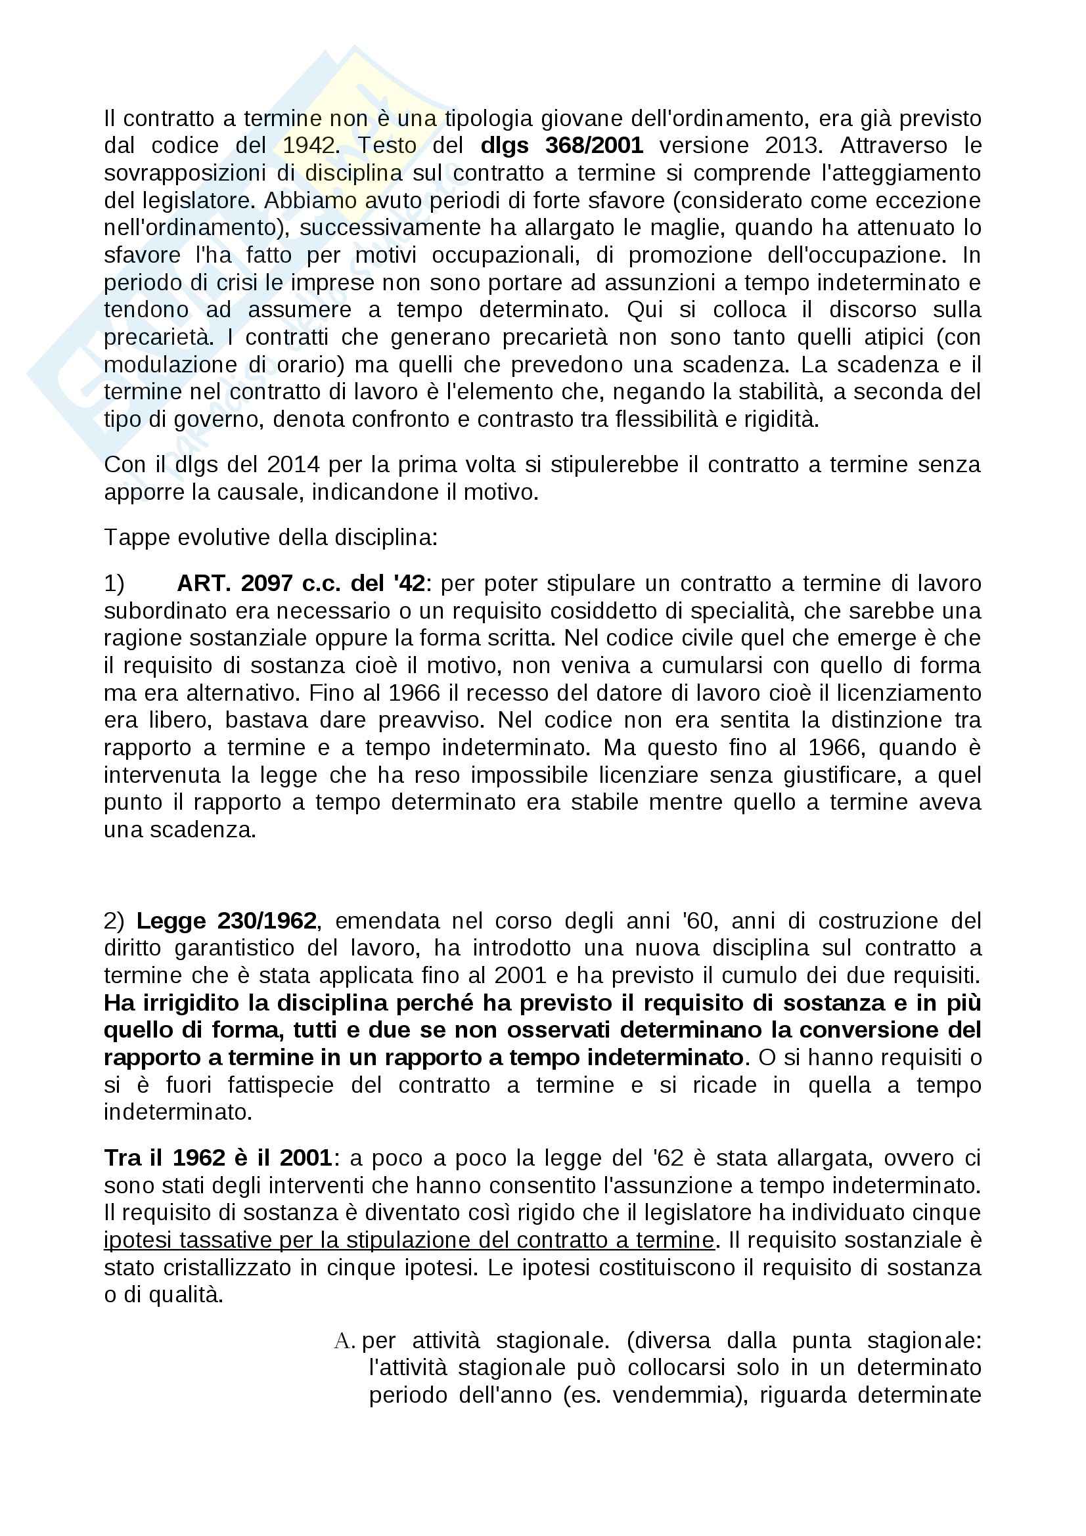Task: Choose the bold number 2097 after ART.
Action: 267,584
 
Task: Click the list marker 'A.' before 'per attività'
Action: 344,1342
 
